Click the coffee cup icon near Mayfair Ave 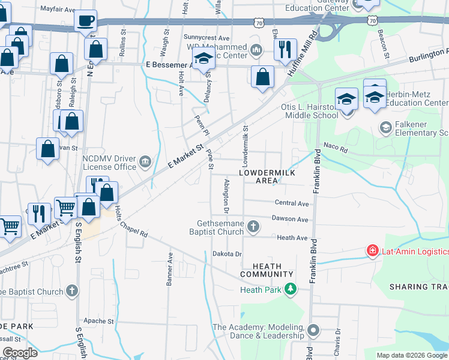click(85, 20)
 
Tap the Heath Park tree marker click(291, 289)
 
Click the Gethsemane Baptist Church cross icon click(253, 226)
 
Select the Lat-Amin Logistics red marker click(372, 250)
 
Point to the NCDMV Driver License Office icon click(145, 161)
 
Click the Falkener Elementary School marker click(385, 127)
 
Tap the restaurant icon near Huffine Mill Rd click(285, 49)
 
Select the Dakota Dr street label click(226, 254)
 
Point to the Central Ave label click(291, 203)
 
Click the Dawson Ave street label click(289, 219)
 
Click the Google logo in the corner click(19, 353)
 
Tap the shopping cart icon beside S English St click(66, 208)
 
